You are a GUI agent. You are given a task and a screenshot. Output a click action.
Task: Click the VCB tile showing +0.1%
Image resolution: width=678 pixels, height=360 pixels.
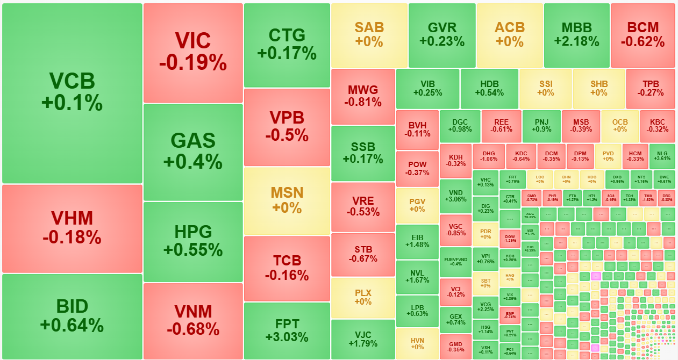click(72, 93)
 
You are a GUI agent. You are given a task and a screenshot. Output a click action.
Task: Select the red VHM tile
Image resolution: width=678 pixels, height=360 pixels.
click(72, 228)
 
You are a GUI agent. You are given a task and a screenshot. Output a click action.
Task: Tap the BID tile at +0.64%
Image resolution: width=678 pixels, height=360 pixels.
click(72, 316)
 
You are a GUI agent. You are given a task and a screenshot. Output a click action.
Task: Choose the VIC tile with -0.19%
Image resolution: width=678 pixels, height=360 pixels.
click(192, 52)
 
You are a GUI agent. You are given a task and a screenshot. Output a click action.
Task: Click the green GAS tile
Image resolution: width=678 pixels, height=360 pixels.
click(192, 152)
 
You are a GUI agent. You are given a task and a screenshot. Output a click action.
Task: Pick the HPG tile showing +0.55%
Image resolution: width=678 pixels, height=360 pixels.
click(192, 241)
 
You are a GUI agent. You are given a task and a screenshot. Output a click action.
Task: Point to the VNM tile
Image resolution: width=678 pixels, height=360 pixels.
click(192, 320)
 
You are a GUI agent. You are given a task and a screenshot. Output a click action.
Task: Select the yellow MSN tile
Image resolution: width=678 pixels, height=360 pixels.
click(287, 200)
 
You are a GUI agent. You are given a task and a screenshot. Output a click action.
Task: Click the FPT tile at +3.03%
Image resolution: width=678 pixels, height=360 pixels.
click(287, 330)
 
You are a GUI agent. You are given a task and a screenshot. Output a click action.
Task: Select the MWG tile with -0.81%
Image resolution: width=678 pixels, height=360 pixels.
click(363, 96)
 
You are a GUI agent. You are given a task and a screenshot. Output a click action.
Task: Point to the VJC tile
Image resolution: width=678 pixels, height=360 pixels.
click(363, 339)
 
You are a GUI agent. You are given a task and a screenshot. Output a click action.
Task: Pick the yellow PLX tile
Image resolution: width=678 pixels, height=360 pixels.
click(363, 297)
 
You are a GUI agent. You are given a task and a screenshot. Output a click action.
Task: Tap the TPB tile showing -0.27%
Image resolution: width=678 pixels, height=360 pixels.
click(650, 88)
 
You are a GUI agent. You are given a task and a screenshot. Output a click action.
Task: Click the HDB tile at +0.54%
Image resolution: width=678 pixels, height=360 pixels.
click(489, 88)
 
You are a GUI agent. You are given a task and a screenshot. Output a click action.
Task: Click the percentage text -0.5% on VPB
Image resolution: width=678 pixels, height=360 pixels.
click(287, 135)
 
